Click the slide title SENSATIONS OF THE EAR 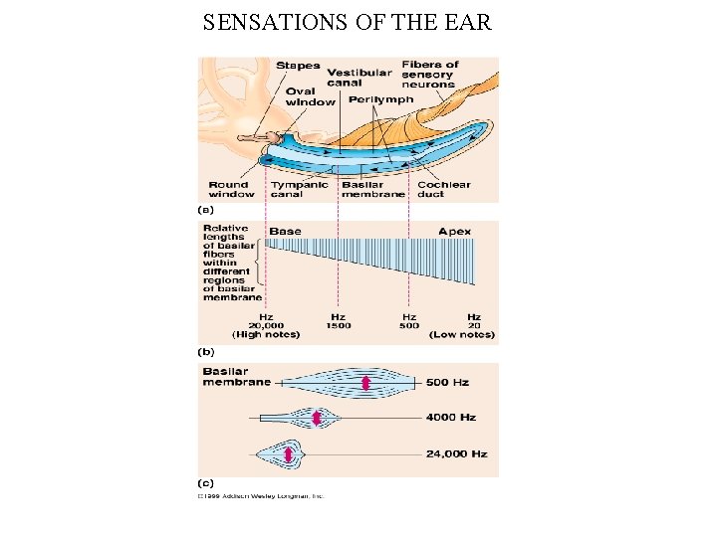point(347,22)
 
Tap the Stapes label point(298,66)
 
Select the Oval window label point(310,96)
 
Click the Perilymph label point(381,99)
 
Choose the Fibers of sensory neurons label point(430,75)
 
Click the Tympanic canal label point(292,189)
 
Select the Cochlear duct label point(443,189)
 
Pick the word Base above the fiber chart point(285,231)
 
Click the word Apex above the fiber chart point(454,231)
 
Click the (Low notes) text point(462,335)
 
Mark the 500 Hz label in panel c point(446,383)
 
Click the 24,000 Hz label point(456,453)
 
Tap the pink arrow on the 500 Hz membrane point(365,384)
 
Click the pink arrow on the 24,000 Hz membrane point(289,454)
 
